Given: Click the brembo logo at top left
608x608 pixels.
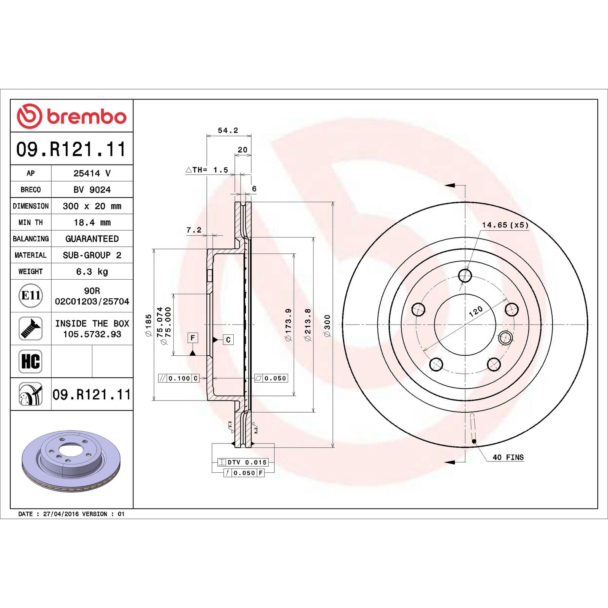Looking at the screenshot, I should coord(71,116).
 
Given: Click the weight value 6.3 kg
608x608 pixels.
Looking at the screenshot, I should coord(92,271).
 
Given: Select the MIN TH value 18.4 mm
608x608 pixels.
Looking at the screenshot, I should coord(92,222).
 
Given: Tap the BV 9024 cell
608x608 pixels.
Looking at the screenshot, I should coord(92,190).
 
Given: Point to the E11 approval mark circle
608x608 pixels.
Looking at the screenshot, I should coord(30,295).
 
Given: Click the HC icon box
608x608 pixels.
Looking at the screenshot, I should coord(30,361).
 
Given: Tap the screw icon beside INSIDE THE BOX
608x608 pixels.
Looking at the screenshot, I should coord(30,328).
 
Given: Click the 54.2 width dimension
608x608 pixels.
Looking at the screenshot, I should coord(228,130).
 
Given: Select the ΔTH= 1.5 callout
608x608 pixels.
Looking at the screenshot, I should coord(207,170).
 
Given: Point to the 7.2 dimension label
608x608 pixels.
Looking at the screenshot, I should coord(194,230).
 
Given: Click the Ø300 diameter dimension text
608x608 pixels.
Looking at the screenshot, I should coord(327,325).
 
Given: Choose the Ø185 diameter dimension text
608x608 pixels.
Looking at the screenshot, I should coord(148,325).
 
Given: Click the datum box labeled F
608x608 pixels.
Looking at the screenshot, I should coord(193,337).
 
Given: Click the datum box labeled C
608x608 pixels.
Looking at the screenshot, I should coord(228,340).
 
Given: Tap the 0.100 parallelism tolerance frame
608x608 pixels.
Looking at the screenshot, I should coord(179,378).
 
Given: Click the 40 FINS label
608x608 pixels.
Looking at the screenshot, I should coord(508,457).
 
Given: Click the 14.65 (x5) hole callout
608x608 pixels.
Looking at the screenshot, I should coord(505,225).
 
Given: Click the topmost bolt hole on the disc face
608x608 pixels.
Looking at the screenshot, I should coord(465,275).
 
